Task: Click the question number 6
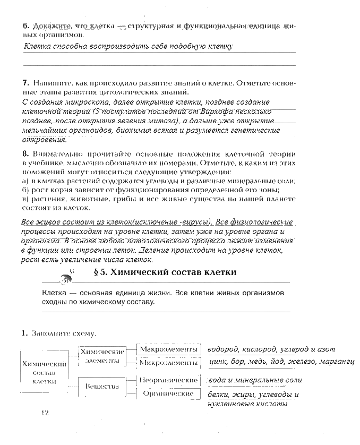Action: tap(25, 25)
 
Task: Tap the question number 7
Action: tap(25, 83)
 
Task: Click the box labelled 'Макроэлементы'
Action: tap(169, 349)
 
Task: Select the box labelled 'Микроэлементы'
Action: tap(169, 363)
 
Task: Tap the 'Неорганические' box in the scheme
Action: tap(169, 380)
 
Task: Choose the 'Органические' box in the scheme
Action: tap(169, 393)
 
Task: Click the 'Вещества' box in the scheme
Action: tap(102, 386)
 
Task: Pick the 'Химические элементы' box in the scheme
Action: tap(102, 356)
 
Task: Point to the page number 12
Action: tap(44, 413)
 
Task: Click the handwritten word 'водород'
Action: tap(223, 349)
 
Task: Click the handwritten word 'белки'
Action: tap(219, 395)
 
